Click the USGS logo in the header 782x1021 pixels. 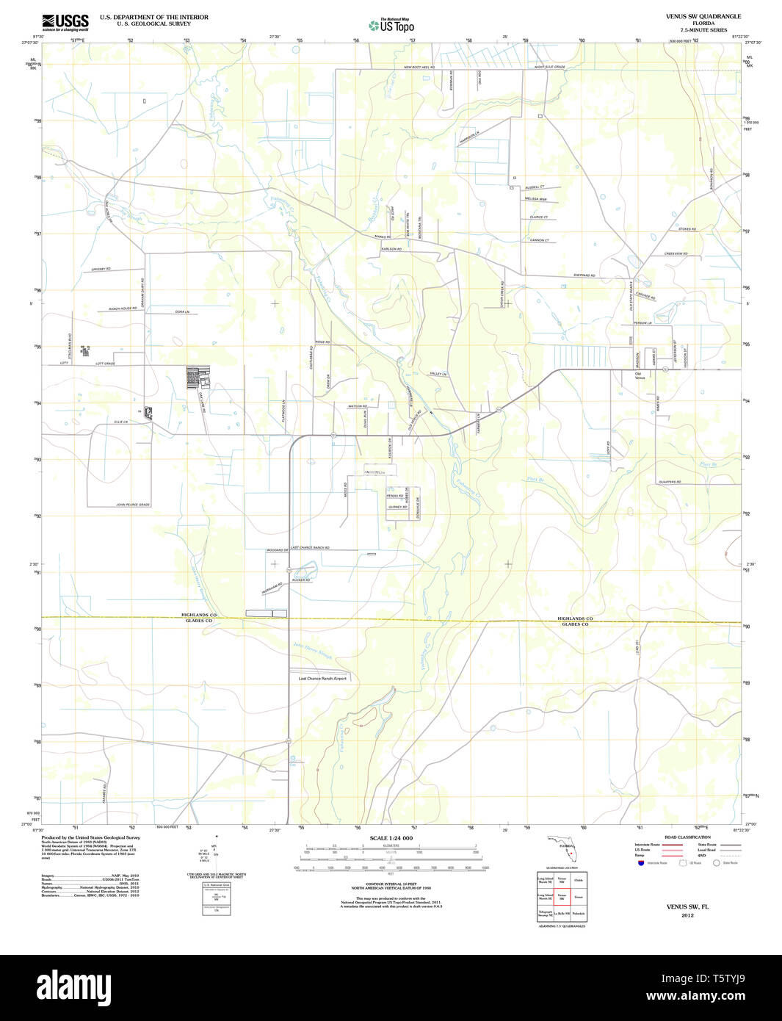[x=65, y=21]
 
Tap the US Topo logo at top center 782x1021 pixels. [x=391, y=25]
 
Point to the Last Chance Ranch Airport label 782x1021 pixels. [x=322, y=678]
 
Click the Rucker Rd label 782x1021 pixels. [x=300, y=580]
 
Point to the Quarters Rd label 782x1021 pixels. [x=670, y=482]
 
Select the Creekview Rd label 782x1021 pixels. [x=676, y=253]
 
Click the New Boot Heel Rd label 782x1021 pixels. [x=419, y=68]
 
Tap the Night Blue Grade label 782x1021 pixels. [x=549, y=67]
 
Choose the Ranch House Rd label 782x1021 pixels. [x=123, y=309]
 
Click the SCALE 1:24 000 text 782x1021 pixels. [x=391, y=838]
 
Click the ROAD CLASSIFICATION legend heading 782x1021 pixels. [x=687, y=837]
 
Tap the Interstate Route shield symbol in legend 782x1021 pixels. [x=640, y=863]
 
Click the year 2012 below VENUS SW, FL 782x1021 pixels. [x=687, y=915]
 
